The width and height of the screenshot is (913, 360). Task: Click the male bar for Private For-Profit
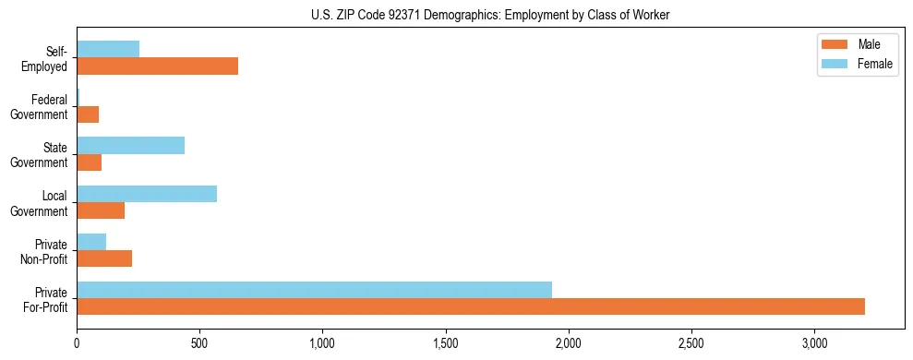coord(471,306)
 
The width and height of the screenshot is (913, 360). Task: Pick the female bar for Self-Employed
coord(108,50)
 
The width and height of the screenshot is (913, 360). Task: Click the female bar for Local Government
coord(147,194)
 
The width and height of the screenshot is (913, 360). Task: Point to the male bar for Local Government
coord(101,210)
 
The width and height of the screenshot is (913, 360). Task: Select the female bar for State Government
coord(130,146)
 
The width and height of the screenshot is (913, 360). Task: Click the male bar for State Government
coord(89,162)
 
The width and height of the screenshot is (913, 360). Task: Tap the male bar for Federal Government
coord(88,114)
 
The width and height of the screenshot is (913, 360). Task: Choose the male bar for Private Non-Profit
coord(104,258)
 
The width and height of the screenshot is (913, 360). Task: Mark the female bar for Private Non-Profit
coord(91,242)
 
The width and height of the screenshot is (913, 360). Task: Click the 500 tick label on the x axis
coord(199,343)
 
